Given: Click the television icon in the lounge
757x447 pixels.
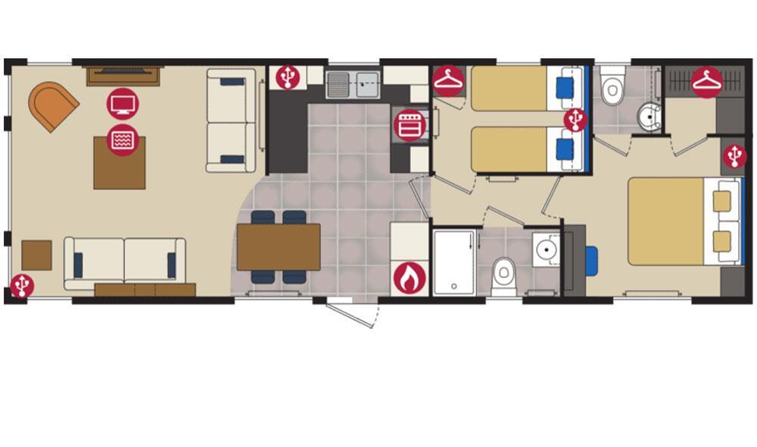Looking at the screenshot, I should click(x=122, y=103).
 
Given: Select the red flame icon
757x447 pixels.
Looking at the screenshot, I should click(x=410, y=278).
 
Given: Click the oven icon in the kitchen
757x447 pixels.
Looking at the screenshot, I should click(x=408, y=124).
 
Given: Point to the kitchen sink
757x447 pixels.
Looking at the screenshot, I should click(x=354, y=84).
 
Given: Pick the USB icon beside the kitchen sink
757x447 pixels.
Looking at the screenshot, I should click(x=288, y=77).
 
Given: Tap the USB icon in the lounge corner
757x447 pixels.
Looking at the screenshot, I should click(x=22, y=286).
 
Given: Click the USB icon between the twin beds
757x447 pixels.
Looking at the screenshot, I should click(x=575, y=119).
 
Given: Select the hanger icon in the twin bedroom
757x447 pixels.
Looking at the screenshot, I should click(x=449, y=81).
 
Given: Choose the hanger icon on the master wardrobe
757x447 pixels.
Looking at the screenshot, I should click(x=707, y=83).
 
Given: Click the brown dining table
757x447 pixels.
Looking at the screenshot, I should click(x=279, y=247).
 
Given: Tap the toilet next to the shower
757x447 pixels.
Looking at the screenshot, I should click(x=503, y=276).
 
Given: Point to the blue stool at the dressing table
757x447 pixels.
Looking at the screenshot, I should click(x=591, y=261).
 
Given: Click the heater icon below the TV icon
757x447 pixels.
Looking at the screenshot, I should click(x=122, y=139).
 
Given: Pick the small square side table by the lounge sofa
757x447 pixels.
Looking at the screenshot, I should click(x=36, y=255).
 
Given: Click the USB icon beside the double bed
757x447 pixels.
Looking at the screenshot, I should click(x=734, y=156).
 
